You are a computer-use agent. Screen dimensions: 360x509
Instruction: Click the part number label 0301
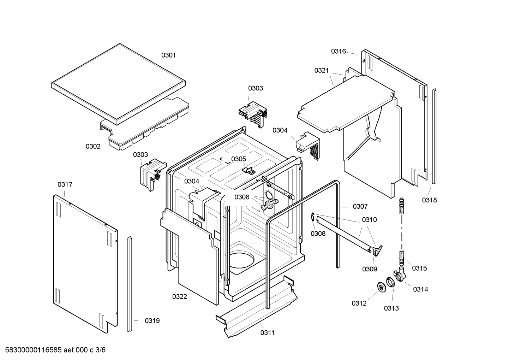(168, 55)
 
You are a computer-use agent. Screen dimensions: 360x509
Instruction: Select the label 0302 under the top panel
(93, 146)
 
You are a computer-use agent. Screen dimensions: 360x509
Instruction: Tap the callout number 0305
(239, 159)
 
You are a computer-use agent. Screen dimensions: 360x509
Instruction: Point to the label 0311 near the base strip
(268, 332)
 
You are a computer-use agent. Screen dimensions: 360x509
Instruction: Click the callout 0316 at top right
(338, 51)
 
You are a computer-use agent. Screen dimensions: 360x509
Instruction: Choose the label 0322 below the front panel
(180, 296)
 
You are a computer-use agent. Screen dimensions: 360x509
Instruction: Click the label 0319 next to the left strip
(152, 321)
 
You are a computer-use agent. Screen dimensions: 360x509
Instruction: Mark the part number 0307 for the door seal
(360, 206)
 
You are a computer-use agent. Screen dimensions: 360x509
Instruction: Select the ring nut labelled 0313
(390, 283)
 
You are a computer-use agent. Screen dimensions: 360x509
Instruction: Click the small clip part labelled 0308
(313, 218)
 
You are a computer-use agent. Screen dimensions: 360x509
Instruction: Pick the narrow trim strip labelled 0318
(434, 136)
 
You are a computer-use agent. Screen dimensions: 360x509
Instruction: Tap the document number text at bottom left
(53, 350)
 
